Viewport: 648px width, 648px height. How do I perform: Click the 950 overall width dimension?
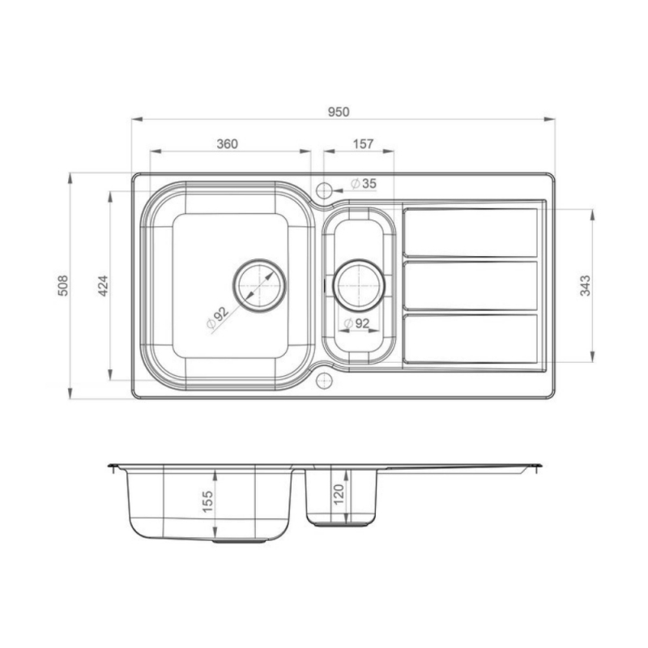(339, 112)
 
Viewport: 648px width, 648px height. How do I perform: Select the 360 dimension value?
(227, 144)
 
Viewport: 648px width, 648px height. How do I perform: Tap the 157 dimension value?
(364, 144)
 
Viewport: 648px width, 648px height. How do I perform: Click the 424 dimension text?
(103, 285)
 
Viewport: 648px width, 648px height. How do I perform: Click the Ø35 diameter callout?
(364, 184)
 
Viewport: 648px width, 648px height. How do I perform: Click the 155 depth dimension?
(207, 504)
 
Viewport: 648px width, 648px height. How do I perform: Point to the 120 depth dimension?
(339, 493)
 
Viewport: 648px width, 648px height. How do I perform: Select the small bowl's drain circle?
(357, 285)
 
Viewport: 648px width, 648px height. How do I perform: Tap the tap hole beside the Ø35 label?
(324, 191)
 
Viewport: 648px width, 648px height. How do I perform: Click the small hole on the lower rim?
(324, 379)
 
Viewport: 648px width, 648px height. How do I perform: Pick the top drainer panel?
(470, 232)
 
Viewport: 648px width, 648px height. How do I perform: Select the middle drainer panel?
(470, 285)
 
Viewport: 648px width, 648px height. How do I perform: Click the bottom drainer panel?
(470, 338)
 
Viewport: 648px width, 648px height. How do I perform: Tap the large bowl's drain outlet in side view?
(243, 540)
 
